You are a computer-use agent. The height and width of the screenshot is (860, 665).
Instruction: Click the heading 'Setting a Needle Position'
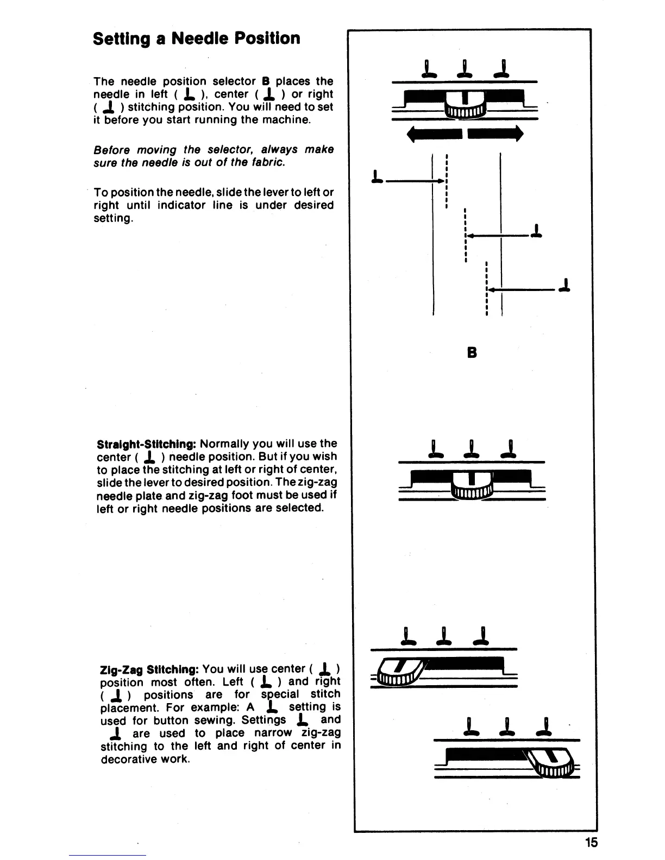[196, 39]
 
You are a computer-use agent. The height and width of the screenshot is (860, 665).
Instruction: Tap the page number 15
[591, 842]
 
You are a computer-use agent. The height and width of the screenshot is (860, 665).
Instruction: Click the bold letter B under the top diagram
[472, 352]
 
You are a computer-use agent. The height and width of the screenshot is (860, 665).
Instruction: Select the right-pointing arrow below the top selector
[495, 133]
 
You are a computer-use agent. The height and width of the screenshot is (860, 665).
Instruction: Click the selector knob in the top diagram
[465, 103]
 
